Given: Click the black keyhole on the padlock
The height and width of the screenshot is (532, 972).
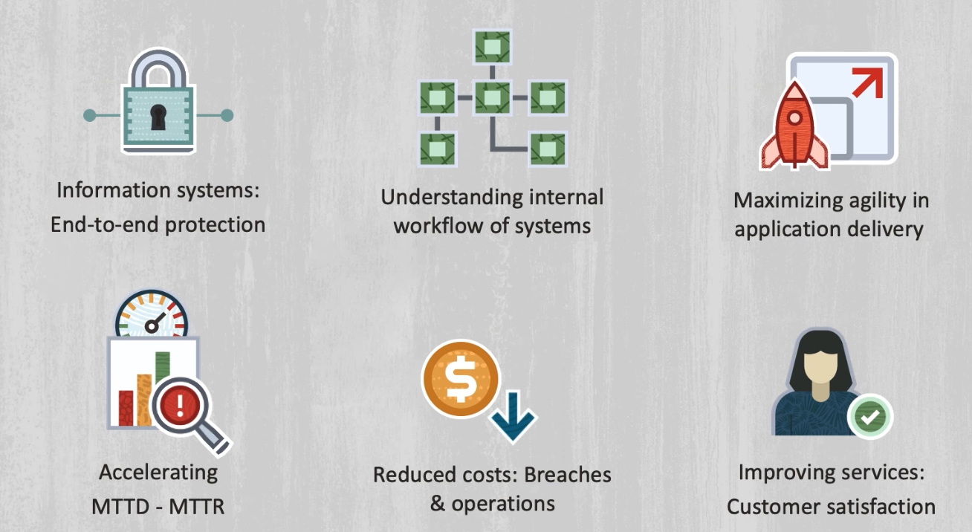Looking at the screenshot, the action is (x=158, y=117).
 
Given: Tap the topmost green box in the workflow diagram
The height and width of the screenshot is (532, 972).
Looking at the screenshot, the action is (x=492, y=47).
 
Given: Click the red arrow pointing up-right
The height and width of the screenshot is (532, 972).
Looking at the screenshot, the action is (x=867, y=82).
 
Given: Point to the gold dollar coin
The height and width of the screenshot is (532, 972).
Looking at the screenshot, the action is (x=461, y=378).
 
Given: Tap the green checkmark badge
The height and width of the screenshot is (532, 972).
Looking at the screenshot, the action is (x=870, y=417).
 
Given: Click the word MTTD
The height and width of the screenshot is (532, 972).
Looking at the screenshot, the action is (x=121, y=507).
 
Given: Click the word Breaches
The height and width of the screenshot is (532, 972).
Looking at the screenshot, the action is (x=568, y=475).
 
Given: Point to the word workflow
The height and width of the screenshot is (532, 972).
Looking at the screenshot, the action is (x=438, y=226).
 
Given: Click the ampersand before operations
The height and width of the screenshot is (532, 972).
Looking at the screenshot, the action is (x=438, y=503).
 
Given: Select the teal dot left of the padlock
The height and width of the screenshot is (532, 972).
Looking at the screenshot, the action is (x=89, y=115).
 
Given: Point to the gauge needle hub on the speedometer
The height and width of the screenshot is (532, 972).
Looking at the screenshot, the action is (x=152, y=326).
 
